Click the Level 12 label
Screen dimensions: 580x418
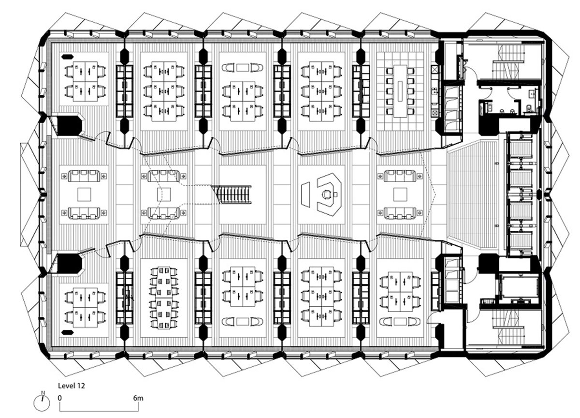(x=71, y=386)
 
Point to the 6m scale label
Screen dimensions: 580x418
(x=138, y=398)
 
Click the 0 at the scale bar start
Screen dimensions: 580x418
(x=60, y=398)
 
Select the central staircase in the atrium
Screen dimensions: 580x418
(x=231, y=194)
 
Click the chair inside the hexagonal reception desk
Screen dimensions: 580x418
(x=327, y=194)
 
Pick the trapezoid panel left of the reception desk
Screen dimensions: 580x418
(x=305, y=194)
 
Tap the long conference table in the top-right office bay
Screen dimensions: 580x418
(x=400, y=90)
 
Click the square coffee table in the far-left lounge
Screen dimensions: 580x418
(x=84, y=194)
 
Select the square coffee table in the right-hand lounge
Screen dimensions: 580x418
(x=400, y=194)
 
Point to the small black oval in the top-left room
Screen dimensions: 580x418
(x=67, y=57)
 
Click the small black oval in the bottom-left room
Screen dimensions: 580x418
(x=67, y=332)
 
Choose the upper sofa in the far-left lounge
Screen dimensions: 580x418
(x=84, y=176)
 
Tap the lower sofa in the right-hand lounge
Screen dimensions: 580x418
(x=400, y=213)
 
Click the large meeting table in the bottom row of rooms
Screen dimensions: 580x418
(x=164, y=298)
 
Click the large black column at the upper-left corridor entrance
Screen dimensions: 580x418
(x=70, y=125)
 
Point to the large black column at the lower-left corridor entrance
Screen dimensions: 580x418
(x=70, y=263)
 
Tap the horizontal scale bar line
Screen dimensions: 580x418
(x=99, y=411)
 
